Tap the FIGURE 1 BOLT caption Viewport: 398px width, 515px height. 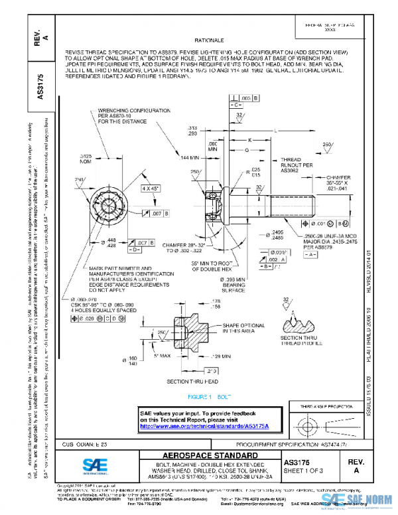click(x=209, y=396)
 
